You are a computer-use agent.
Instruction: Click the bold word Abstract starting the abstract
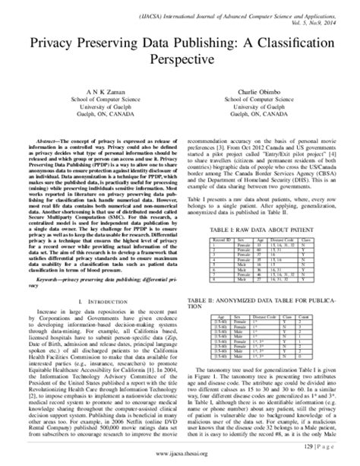pyautogui.click(x=43, y=141)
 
